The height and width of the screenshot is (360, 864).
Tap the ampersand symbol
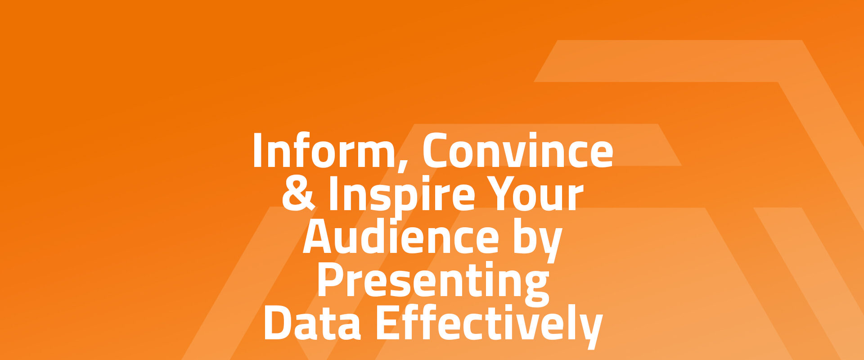tap(298, 194)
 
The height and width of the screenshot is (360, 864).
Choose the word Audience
tap(401, 237)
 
